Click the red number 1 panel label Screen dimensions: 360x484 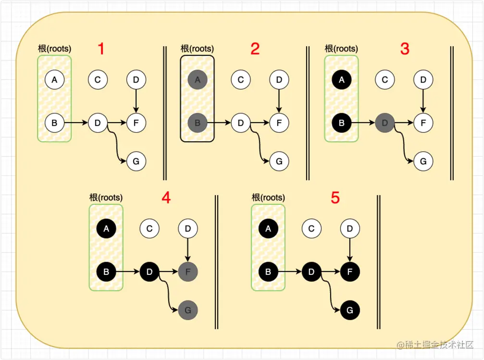click(x=101, y=49)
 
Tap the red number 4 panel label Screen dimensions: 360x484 click(x=166, y=198)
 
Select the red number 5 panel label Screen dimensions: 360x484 click(x=335, y=198)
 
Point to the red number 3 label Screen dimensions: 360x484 click(x=405, y=49)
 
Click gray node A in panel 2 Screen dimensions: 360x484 click(x=198, y=80)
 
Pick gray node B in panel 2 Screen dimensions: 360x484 click(x=198, y=123)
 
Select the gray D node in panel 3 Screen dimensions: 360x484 click(x=385, y=123)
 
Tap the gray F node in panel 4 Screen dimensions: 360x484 click(x=187, y=272)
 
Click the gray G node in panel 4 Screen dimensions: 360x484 click(x=187, y=310)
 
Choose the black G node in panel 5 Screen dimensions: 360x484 click(x=350, y=310)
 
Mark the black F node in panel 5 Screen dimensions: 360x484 click(x=350, y=272)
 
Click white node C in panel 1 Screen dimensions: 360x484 click(x=98, y=80)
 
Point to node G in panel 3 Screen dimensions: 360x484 click(x=423, y=161)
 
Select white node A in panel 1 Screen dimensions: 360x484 click(x=54, y=80)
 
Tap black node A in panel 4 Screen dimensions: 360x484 click(x=106, y=229)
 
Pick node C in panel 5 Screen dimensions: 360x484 click(x=311, y=229)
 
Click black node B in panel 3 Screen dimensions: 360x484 click(x=341, y=123)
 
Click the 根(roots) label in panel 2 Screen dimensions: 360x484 click(x=197, y=49)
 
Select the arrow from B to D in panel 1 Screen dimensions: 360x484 click(x=76, y=123)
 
